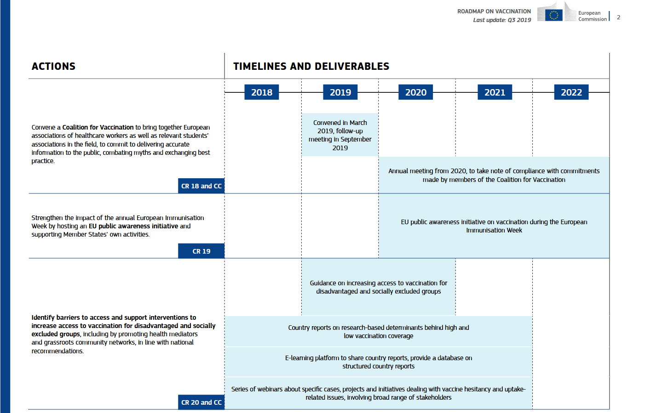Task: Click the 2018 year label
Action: (x=261, y=92)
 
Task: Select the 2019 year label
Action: (x=340, y=92)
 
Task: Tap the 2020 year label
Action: (x=415, y=92)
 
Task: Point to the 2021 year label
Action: (x=495, y=92)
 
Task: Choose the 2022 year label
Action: (x=571, y=92)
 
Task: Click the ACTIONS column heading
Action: (x=53, y=66)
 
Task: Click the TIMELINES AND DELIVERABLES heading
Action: (x=311, y=66)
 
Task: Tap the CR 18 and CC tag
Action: (x=201, y=186)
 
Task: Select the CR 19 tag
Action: (x=201, y=251)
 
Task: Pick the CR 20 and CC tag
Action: (x=201, y=402)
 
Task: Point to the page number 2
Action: (x=618, y=17)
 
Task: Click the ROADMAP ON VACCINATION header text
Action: (x=494, y=11)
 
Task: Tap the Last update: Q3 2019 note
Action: (x=502, y=20)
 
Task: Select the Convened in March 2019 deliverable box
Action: (x=340, y=135)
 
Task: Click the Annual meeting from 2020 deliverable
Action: (x=494, y=175)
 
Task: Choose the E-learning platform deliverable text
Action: (x=378, y=362)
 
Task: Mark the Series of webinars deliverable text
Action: (x=378, y=393)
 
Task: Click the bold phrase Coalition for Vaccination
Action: (x=98, y=127)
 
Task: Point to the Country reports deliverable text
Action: (x=378, y=332)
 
